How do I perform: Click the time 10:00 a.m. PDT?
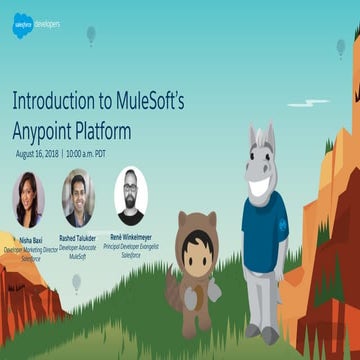[x=93, y=154]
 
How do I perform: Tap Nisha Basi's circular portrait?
[x=29, y=198]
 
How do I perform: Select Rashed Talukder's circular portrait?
[x=78, y=198]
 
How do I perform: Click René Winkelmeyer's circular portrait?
[x=129, y=196]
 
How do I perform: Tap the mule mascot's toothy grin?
[x=260, y=185]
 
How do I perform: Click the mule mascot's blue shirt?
[x=263, y=232]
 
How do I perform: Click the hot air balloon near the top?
[x=90, y=35]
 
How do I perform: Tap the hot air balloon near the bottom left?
[x=77, y=283]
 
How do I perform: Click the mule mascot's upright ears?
[x=261, y=138]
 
